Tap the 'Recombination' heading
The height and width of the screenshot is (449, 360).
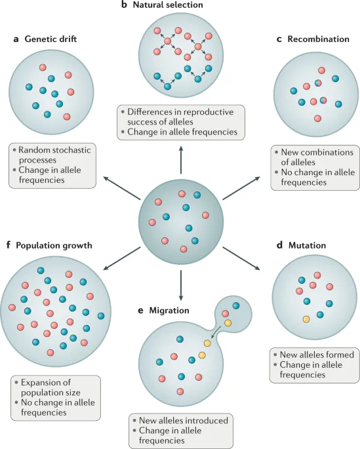tap(317, 39)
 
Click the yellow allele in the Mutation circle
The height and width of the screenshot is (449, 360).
tap(306, 319)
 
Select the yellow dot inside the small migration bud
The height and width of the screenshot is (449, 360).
tap(228, 322)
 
